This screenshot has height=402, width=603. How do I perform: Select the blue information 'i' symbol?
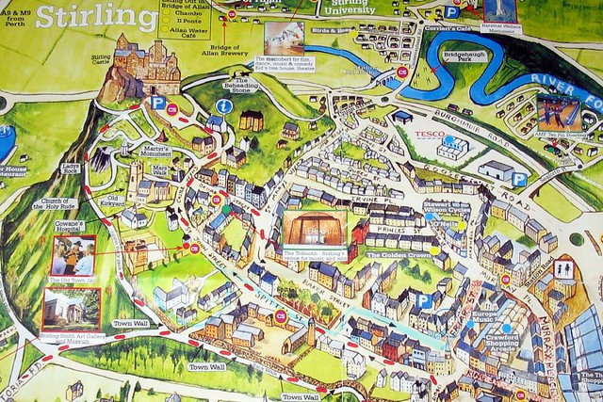224,107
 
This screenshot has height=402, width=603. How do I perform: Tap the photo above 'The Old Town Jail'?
73,255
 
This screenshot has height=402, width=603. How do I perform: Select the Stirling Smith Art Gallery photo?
71,309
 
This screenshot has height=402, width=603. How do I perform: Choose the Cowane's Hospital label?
68,225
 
